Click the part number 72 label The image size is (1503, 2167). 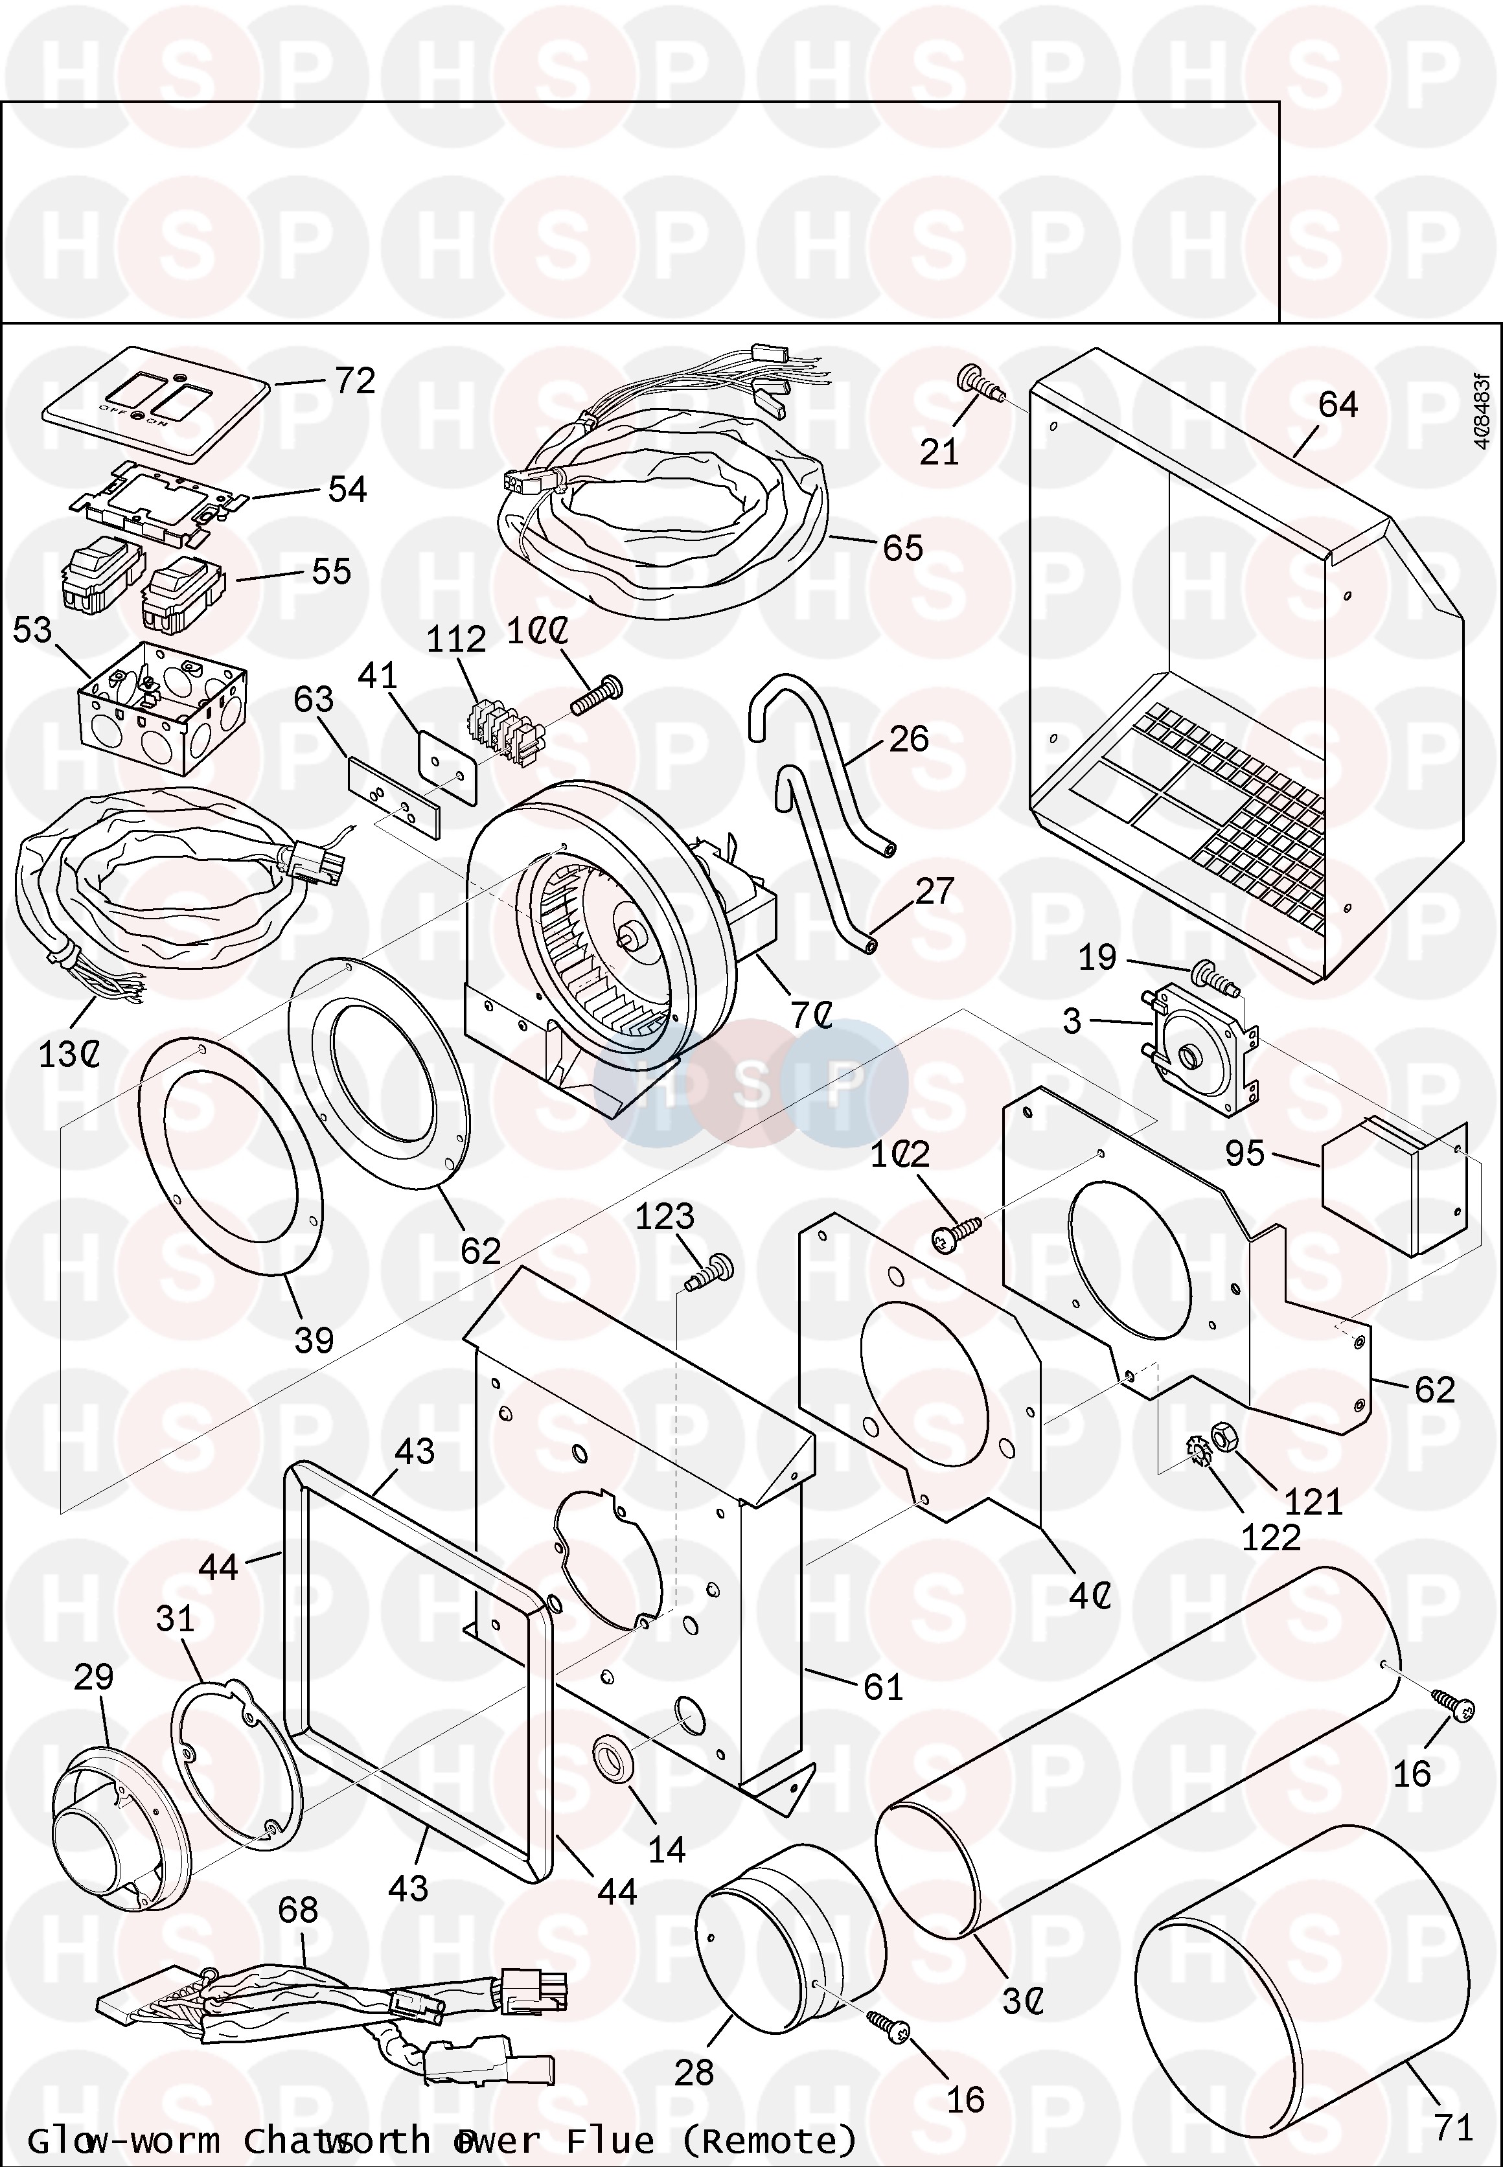(355, 382)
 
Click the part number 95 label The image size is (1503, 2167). (1245, 1152)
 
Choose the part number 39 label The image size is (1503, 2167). (314, 1339)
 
